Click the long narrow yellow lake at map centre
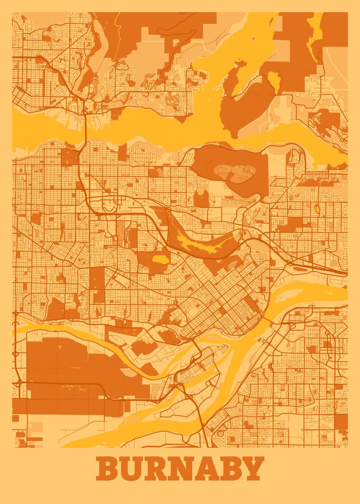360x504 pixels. click(202, 241)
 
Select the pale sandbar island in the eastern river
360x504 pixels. click(305, 291)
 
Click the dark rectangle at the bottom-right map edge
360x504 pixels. click(341, 422)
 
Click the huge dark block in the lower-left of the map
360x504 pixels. click(63, 370)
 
